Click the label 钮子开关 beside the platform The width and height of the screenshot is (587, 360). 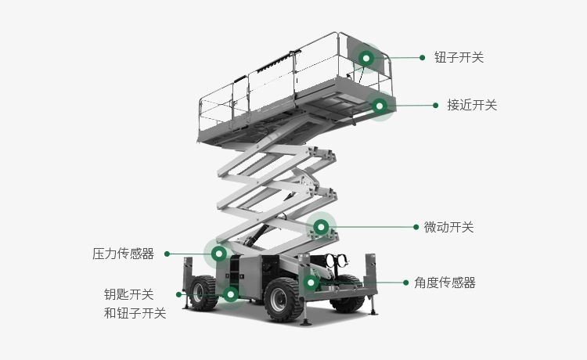[459, 57]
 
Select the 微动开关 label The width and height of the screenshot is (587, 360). [448, 227]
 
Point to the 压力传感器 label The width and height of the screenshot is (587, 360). [123, 254]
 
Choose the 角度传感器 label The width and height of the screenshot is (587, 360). [445, 283]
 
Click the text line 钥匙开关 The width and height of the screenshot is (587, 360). [129, 294]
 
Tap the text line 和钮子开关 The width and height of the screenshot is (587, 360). [135, 313]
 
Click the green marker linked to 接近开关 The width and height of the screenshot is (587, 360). [380, 106]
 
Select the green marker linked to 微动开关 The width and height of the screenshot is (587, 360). [320, 227]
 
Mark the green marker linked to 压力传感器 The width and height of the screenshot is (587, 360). [219, 254]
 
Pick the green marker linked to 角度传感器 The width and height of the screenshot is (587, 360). [311, 282]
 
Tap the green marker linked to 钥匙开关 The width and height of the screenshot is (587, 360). [230, 294]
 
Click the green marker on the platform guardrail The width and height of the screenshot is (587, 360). [366, 57]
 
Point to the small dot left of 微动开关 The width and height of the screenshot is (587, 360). [416, 227]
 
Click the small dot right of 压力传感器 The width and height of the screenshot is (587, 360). [167, 254]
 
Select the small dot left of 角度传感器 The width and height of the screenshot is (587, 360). [405, 283]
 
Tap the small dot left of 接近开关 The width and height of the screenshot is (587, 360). [435, 105]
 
